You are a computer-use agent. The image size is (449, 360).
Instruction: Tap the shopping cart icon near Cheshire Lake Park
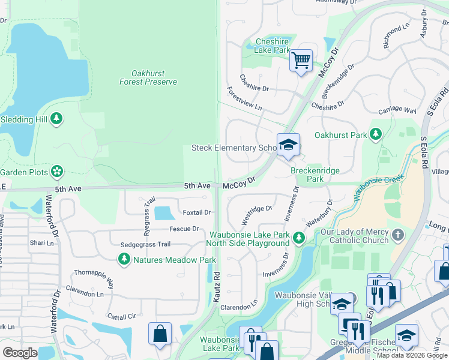301,60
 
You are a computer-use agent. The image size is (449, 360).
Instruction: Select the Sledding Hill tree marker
57,119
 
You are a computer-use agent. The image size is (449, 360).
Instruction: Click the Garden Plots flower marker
57,172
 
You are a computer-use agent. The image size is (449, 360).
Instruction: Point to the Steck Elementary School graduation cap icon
288,145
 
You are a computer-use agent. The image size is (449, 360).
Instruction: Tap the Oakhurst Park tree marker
376,134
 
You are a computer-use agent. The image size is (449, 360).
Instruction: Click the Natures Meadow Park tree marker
124,260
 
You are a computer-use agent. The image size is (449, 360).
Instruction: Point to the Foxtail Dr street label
197,212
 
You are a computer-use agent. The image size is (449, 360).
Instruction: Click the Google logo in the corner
20,352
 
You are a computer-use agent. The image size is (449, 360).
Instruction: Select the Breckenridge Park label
315,175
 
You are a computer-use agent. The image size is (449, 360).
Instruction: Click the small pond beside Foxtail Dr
163,213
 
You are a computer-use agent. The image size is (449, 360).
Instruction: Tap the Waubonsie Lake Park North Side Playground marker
298,239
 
